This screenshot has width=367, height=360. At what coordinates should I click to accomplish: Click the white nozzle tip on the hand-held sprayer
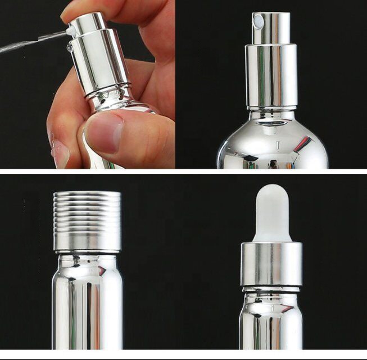(71, 30)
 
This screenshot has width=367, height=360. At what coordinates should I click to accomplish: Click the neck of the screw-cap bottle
(87, 261)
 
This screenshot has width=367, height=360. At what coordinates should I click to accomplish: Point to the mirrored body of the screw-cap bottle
(87, 309)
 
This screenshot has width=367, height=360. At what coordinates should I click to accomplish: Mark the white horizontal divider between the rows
(183, 171)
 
